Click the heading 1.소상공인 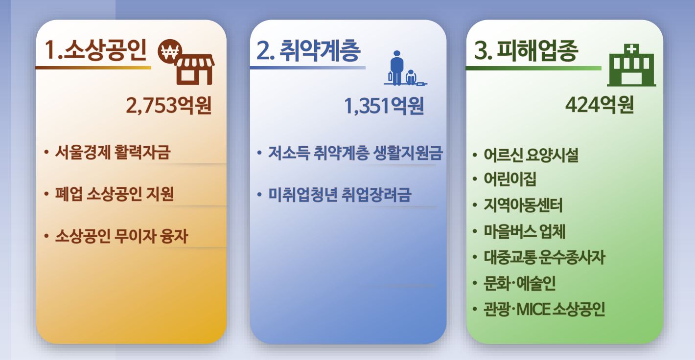(95, 50)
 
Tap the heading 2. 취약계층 (308, 50)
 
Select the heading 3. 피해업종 (526, 50)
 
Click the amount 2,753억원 (169, 106)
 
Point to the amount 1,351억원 (384, 106)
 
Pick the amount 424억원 (600, 105)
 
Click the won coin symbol (170, 51)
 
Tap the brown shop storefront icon (194, 69)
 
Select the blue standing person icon (396, 68)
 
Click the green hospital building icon (631, 65)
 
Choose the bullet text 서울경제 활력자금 (113, 152)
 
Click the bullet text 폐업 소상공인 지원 (114, 194)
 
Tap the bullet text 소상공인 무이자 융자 (121, 236)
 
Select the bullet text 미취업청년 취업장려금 (340, 195)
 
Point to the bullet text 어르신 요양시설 (531, 155)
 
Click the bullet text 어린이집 (510, 179)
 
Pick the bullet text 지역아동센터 (523, 205)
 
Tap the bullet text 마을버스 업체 (524, 231)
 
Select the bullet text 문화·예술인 (519, 283)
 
